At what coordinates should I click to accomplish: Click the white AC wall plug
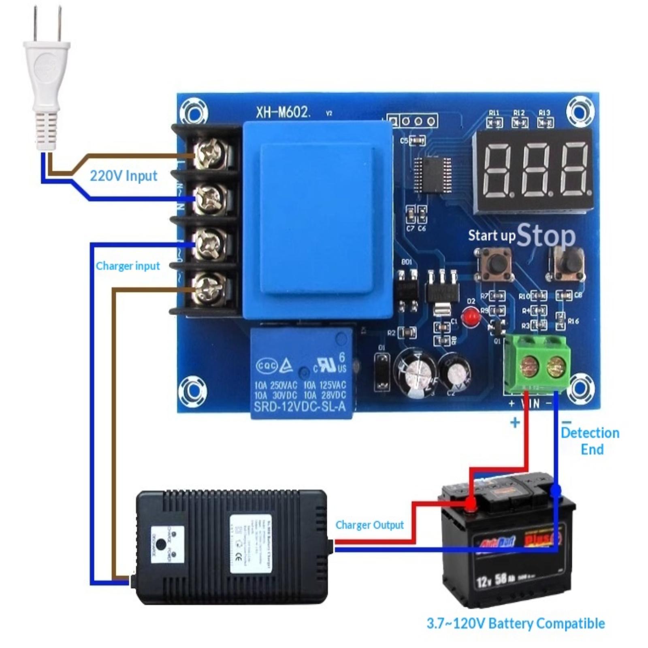(x=47, y=81)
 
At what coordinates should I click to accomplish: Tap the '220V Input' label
(x=123, y=176)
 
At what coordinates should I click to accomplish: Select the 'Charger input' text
(x=128, y=266)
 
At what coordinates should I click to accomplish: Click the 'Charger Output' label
(x=369, y=525)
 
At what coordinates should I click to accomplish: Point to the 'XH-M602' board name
(x=283, y=112)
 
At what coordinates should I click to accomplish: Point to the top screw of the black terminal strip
(x=209, y=155)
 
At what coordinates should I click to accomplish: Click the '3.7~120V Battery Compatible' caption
(x=516, y=623)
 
